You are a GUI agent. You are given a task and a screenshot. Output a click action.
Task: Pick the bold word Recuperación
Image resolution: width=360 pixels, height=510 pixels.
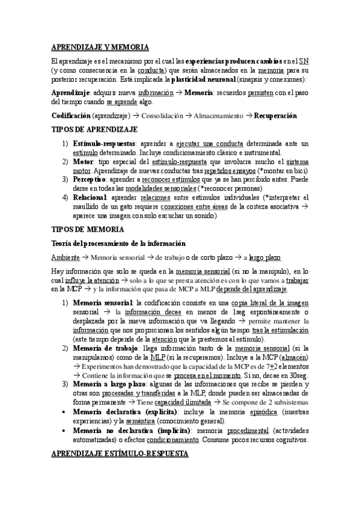(x=275, y=115)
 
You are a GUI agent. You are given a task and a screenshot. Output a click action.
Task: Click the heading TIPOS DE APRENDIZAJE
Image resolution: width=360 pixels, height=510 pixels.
(x=94, y=129)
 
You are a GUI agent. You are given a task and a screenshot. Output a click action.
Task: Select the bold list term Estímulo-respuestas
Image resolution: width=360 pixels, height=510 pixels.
(x=103, y=143)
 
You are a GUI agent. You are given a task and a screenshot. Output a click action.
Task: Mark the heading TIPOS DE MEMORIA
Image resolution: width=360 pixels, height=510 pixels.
(x=88, y=229)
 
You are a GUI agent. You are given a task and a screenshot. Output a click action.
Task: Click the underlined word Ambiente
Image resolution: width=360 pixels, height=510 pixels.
(x=65, y=257)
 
